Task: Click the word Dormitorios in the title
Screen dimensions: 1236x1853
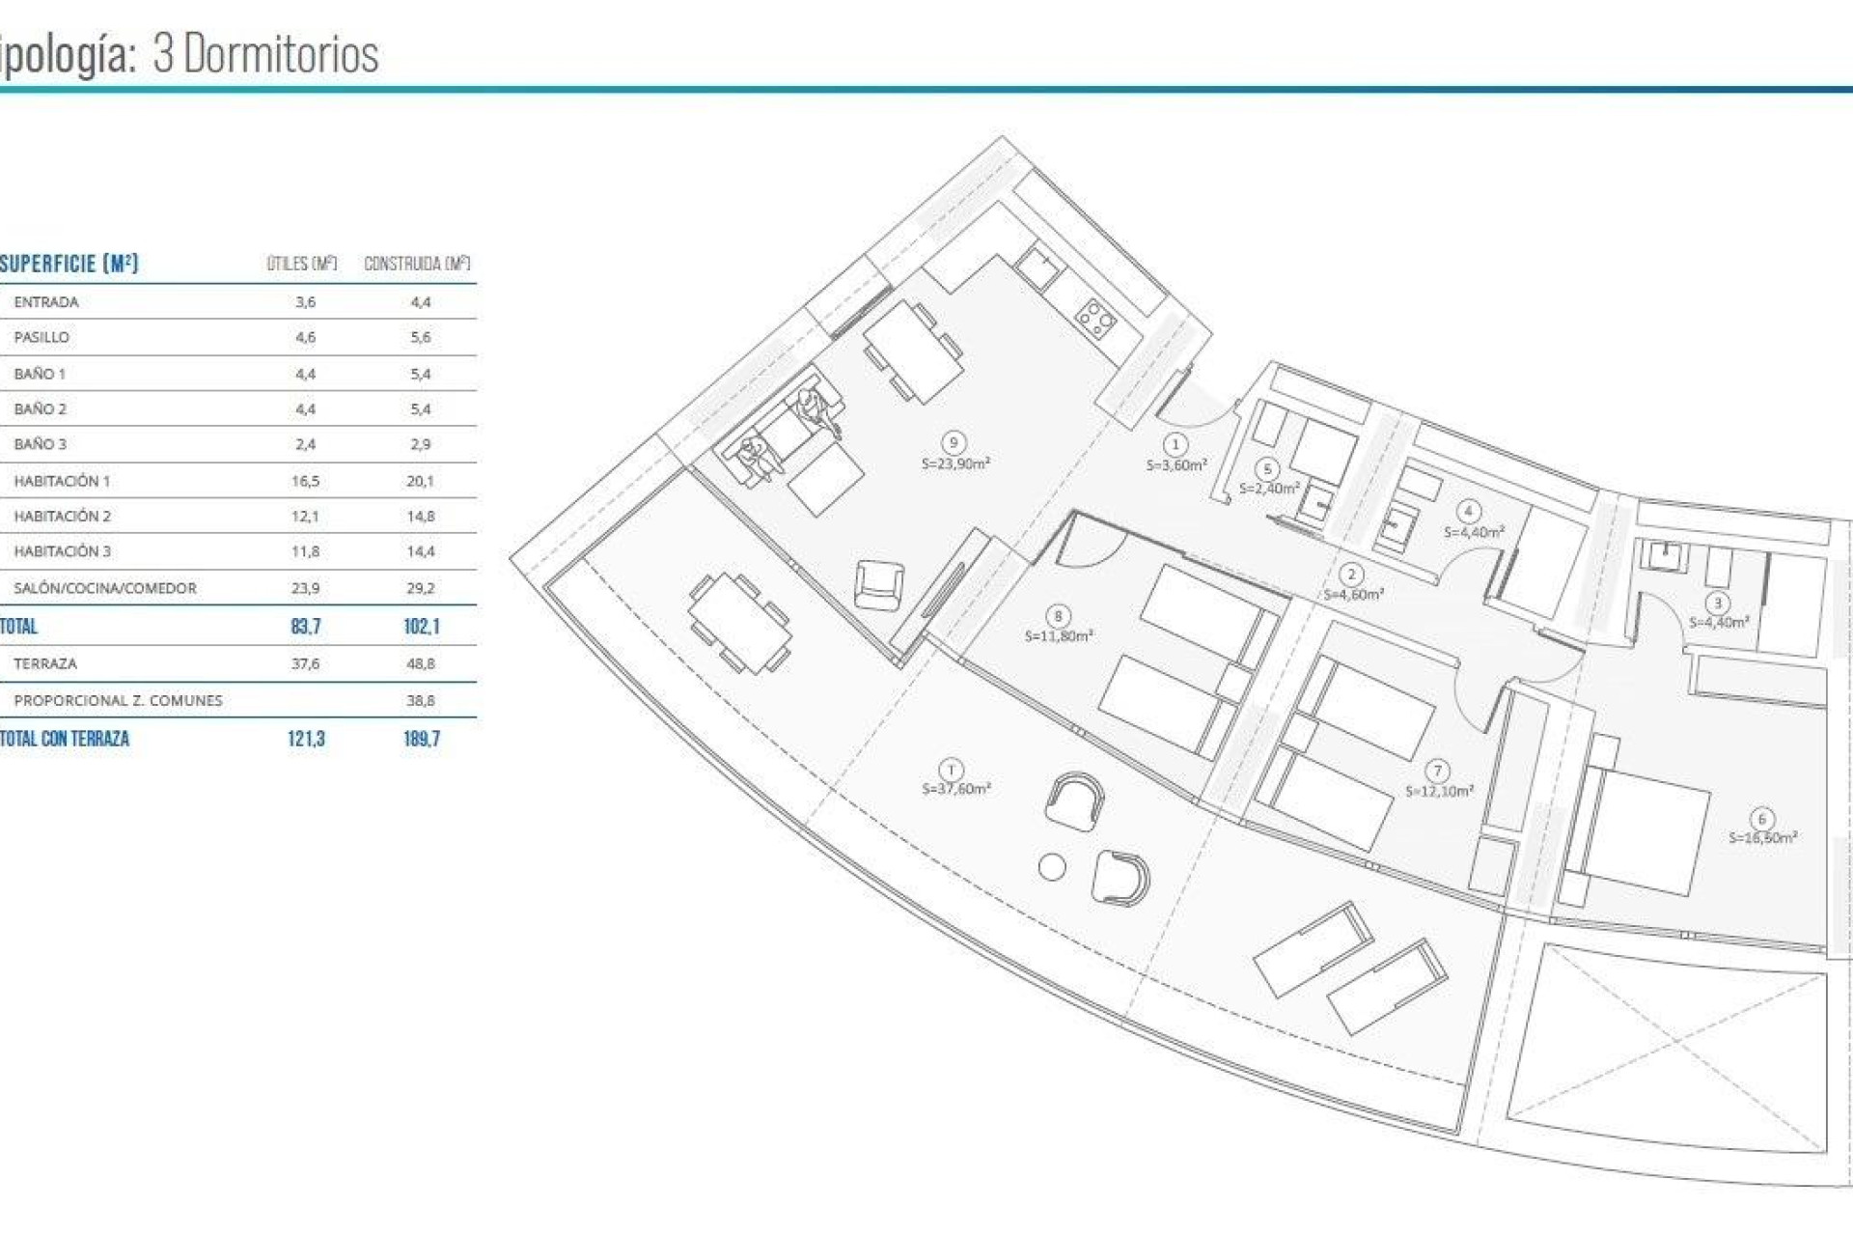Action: [x=281, y=54]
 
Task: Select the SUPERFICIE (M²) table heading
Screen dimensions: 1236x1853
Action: [x=69, y=264]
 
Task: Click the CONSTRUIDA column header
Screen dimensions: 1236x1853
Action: [x=416, y=264]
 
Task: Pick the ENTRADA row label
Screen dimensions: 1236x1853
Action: [x=46, y=302]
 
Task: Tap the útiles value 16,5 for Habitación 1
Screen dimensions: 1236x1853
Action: [x=305, y=481]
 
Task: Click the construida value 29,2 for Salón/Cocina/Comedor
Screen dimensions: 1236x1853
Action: [x=421, y=588]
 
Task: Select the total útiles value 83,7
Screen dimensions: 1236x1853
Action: [x=305, y=627]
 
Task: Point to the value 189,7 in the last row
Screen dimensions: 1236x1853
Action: [x=422, y=740]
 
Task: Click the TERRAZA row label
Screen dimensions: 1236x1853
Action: [x=45, y=664]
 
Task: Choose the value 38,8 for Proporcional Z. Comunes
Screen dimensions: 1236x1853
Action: [x=421, y=701]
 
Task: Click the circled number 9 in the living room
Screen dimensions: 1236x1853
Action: [x=954, y=443]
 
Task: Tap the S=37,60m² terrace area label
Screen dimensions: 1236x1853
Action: [x=956, y=789]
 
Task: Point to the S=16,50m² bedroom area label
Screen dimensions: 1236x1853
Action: [x=1762, y=838]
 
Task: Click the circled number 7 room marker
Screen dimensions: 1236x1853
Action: [x=1438, y=771]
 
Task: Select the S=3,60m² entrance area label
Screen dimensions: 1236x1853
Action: [x=1176, y=465]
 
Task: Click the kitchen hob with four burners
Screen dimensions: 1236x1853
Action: [x=1096, y=319]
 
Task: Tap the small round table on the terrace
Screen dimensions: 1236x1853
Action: [x=1052, y=867]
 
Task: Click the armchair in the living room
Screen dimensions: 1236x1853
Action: [x=879, y=584]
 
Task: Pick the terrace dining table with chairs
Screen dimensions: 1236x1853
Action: [x=740, y=623]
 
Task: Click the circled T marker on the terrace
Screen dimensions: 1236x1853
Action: [x=952, y=770]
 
